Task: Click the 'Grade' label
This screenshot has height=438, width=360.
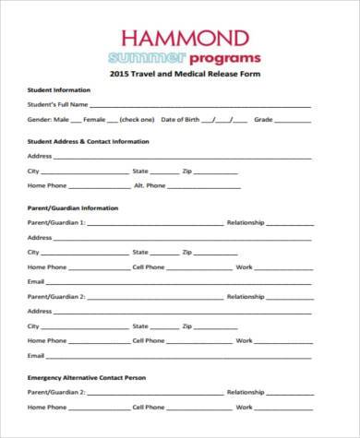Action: pyautogui.click(x=264, y=120)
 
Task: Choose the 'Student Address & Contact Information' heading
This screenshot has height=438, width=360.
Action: pyautogui.click(x=88, y=142)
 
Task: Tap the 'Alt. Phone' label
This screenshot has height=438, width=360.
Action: pyautogui.click(x=150, y=185)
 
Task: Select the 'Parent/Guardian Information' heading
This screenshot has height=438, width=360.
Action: pyautogui.click(x=73, y=207)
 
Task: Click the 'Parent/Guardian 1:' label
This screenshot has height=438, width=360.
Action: pyautogui.click(x=56, y=222)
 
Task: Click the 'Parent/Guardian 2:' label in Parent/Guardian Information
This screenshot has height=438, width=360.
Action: pyautogui.click(x=56, y=296)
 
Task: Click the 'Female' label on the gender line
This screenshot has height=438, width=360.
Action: pyautogui.click(x=94, y=120)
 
